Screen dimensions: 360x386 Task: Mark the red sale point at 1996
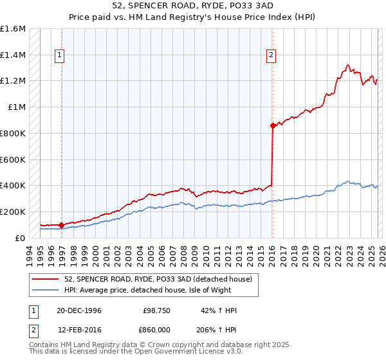tap(62, 225)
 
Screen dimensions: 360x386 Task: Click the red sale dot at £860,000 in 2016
tap(273, 125)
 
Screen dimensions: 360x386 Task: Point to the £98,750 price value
tap(156, 310)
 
